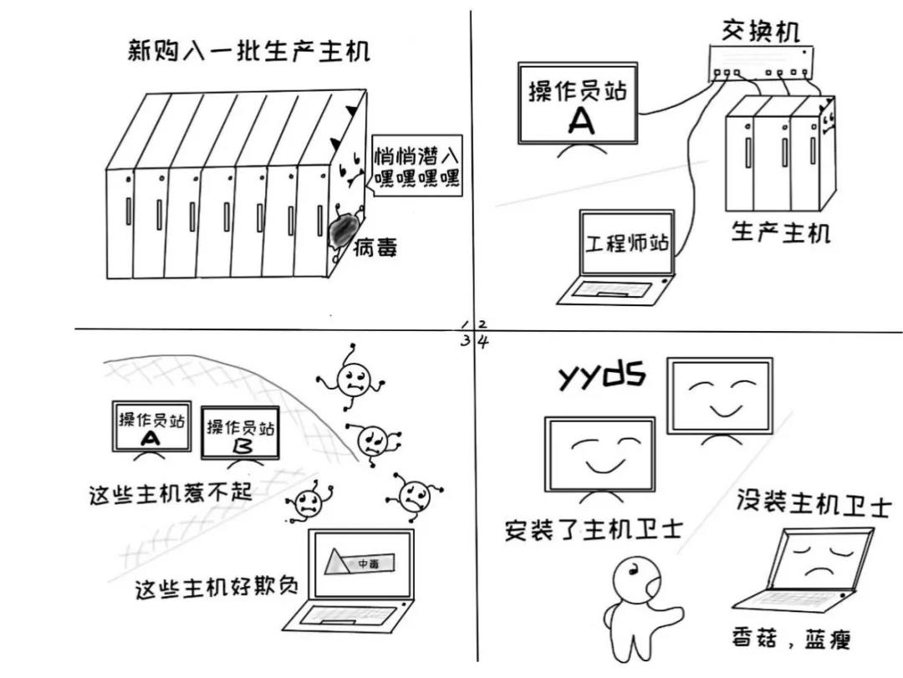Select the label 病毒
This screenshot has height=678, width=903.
point(375,248)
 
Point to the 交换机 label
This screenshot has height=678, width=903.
point(760,31)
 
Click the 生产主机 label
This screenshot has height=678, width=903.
point(781,232)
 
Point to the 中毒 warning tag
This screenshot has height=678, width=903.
point(369,564)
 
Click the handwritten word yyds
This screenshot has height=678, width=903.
point(601,376)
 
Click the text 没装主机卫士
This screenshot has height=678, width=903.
point(814,504)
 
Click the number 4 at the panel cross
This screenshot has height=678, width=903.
point(483,340)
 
